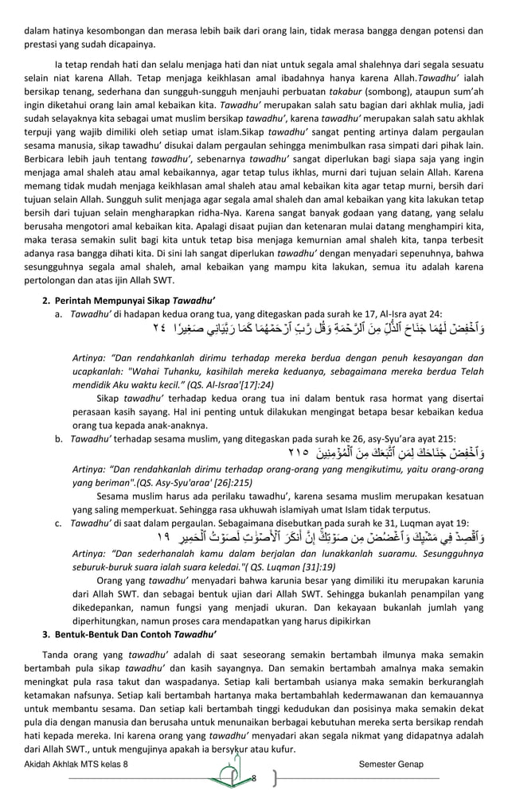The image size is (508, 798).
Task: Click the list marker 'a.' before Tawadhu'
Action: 59,314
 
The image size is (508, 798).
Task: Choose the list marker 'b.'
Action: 59,438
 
